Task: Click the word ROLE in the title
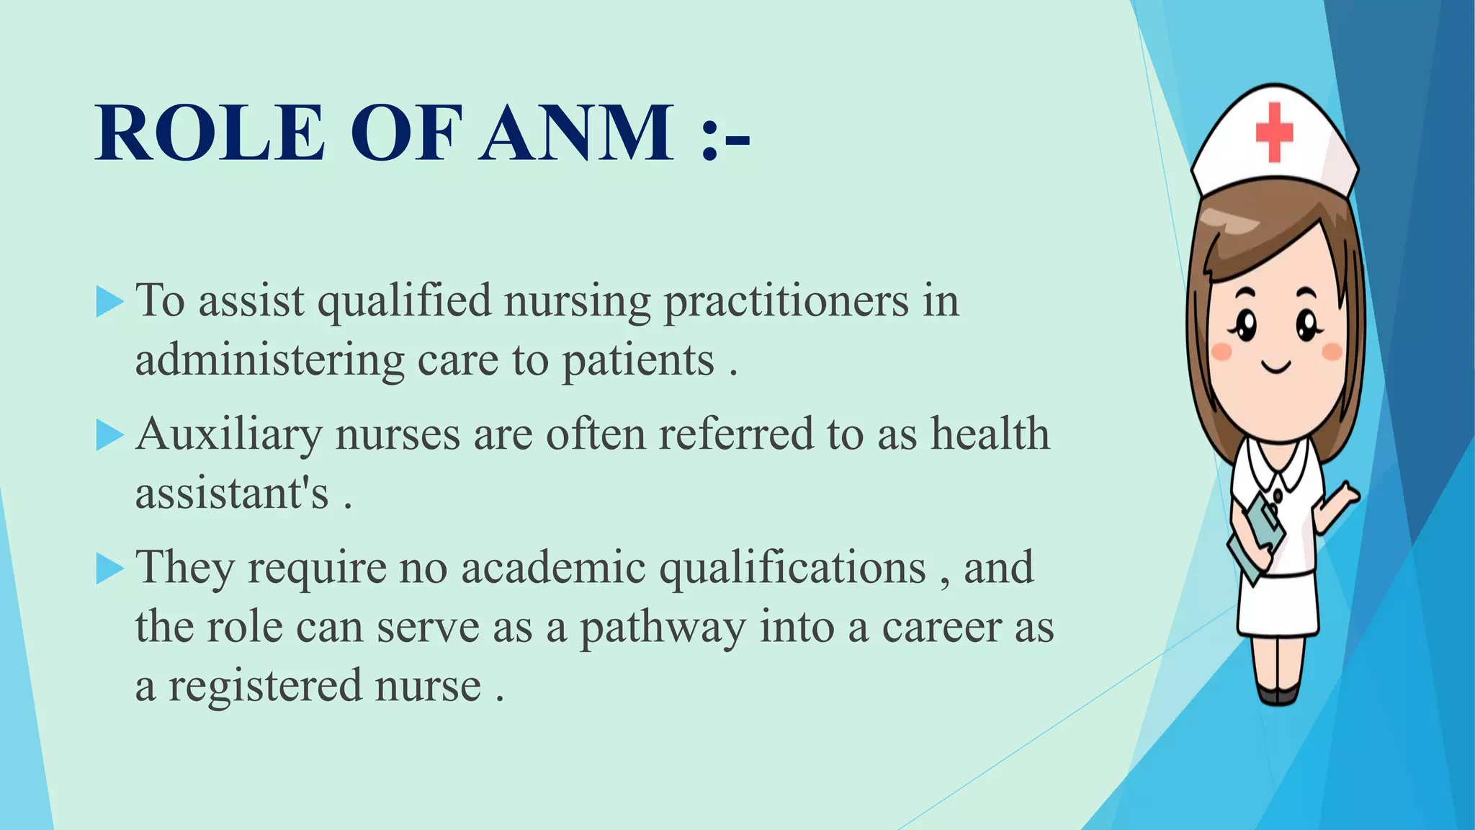tap(210, 133)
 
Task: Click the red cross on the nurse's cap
tap(1274, 132)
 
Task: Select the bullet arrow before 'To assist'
tap(109, 302)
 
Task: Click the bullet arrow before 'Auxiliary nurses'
tap(109, 436)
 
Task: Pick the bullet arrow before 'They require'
tap(109, 569)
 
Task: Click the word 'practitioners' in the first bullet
tap(786, 301)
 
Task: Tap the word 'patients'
tap(637, 360)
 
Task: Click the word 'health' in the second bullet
tap(990, 434)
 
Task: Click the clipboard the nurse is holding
tap(1257, 537)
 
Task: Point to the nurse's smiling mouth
tap(1276, 367)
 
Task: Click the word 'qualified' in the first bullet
tap(404, 301)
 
